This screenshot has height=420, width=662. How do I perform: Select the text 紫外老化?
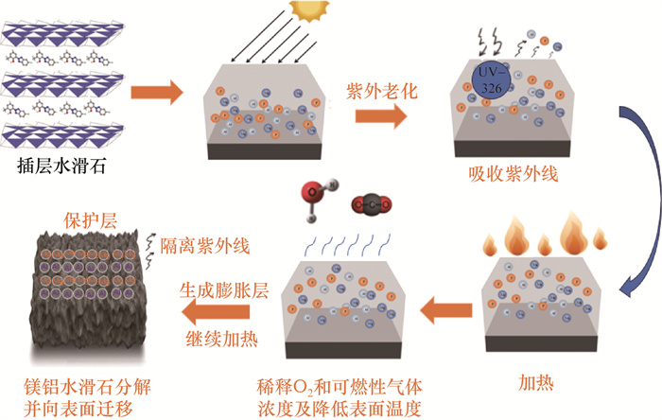tap(382, 91)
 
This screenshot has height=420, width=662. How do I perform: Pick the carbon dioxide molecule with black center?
tap(370, 202)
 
